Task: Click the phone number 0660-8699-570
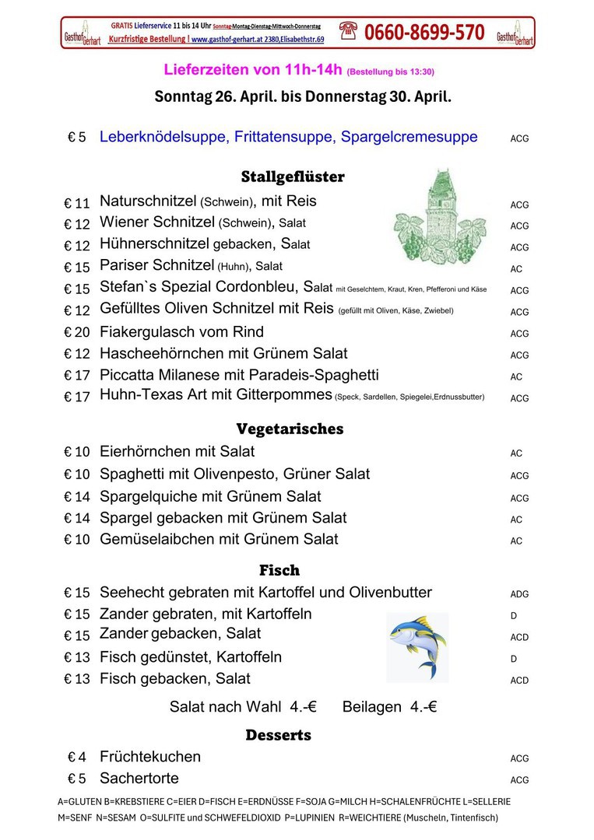pyautogui.click(x=424, y=33)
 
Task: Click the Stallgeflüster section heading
pyautogui.click(x=293, y=177)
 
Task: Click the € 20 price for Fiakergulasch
pyautogui.click(x=78, y=333)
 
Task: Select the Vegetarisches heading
pyautogui.click(x=290, y=429)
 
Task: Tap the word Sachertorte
pyautogui.click(x=139, y=779)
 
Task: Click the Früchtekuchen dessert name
pyautogui.click(x=150, y=757)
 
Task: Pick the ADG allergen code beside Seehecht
pyautogui.click(x=519, y=594)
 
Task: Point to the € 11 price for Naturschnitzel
pyautogui.click(x=78, y=204)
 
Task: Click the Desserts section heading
pyautogui.click(x=278, y=735)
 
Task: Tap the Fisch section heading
pyautogui.click(x=279, y=570)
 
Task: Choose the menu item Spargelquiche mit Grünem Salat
pyautogui.click(x=210, y=496)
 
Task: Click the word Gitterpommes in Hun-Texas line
pyautogui.click(x=289, y=395)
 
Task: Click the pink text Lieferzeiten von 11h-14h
pyautogui.click(x=253, y=70)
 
